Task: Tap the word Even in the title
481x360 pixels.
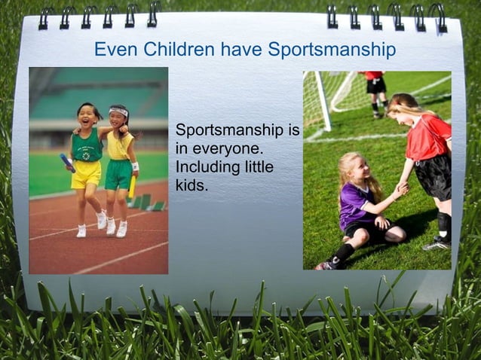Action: click(x=113, y=50)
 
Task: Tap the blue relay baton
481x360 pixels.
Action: click(x=66, y=161)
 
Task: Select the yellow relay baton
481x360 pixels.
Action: click(x=132, y=186)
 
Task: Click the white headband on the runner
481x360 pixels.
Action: click(x=118, y=112)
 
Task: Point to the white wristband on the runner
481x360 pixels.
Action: click(x=135, y=166)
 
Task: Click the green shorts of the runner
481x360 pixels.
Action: click(x=118, y=174)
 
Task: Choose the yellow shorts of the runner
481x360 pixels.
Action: click(x=86, y=174)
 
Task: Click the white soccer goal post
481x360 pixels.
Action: click(x=322, y=102)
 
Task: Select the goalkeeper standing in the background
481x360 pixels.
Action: click(x=375, y=91)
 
